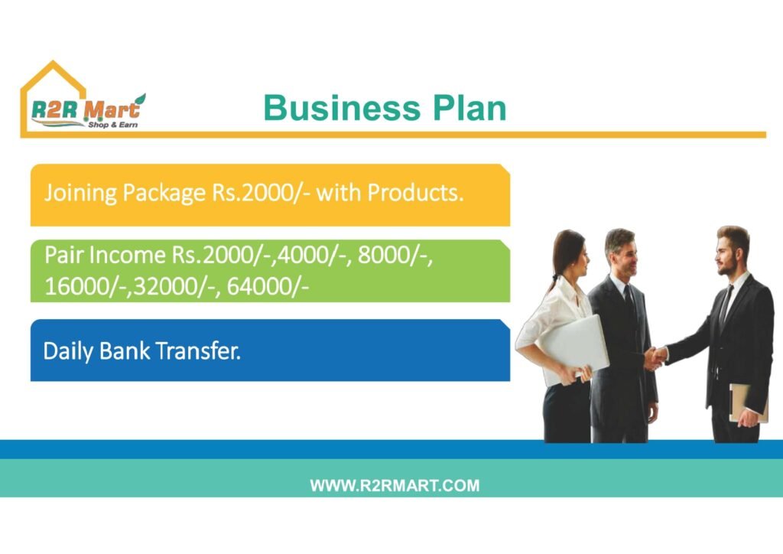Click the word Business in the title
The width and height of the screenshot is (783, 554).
pyautogui.click(x=342, y=107)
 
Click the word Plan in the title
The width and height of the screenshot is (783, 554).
pyautogui.click(x=469, y=107)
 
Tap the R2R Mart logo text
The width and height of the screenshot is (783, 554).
pyautogui.click(x=85, y=109)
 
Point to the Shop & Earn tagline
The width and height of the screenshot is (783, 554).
pyautogui.click(x=113, y=125)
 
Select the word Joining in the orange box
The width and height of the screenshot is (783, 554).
pyautogui.click(x=80, y=193)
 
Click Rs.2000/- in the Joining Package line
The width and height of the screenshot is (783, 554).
pyautogui.click(x=261, y=193)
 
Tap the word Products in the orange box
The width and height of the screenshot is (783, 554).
pyautogui.click(x=415, y=193)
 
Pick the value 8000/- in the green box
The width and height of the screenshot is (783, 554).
pyautogui.click(x=395, y=256)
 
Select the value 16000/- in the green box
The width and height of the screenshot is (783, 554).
pyautogui.click(x=85, y=286)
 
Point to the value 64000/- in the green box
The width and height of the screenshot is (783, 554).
pyautogui.click(x=268, y=286)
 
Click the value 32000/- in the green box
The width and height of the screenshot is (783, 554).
pyautogui.click(x=174, y=286)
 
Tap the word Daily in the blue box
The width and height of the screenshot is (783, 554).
pyautogui.click(x=68, y=351)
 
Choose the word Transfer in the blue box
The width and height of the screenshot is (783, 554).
pyautogui.click(x=198, y=350)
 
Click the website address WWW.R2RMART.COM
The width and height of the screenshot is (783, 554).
pyautogui.click(x=395, y=486)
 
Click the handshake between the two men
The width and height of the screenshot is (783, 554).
pyautogui.click(x=655, y=357)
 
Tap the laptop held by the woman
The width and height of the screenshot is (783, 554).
pyautogui.click(x=574, y=349)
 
